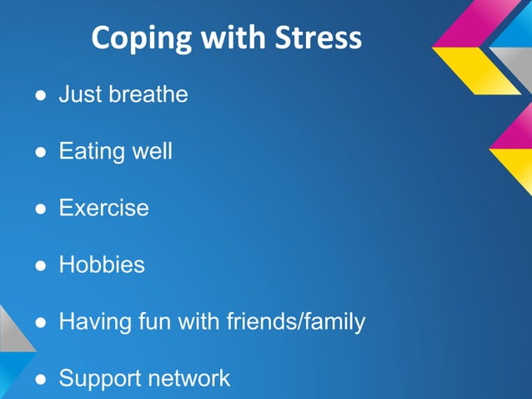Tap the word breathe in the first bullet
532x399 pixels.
(x=148, y=94)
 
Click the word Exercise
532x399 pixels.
(x=103, y=208)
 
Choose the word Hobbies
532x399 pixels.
(x=101, y=265)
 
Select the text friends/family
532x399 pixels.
(x=296, y=321)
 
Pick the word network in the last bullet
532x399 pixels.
(x=188, y=378)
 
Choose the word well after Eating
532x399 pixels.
(x=151, y=152)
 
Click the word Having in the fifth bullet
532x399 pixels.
(x=93, y=321)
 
